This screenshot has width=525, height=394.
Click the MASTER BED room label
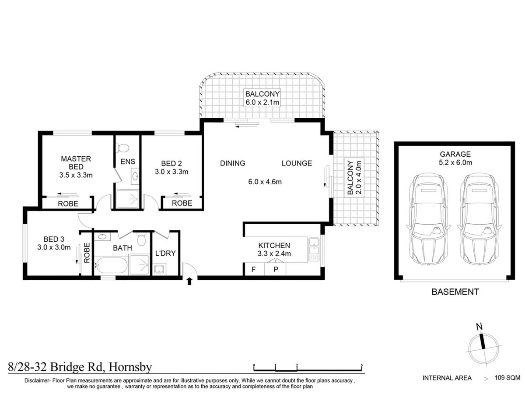tap(76, 162)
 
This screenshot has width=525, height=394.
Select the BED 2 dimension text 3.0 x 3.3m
tap(171, 172)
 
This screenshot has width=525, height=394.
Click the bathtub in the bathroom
tap(111, 265)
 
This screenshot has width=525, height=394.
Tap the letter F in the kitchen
tap(253, 270)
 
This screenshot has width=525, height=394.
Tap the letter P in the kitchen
tap(276, 270)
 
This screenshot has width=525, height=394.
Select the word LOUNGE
tap(297, 163)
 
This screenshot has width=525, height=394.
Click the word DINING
tap(232, 163)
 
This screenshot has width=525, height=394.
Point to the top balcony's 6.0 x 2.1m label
tap(262, 102)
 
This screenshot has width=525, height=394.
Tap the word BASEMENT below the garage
tap(455, 292)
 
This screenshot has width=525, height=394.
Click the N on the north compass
tap(479, 326)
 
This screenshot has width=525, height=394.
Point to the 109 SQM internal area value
tap(507, 377)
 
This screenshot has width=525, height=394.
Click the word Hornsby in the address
tap(130, 366)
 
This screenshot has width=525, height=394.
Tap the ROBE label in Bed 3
tap(87, 253)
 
